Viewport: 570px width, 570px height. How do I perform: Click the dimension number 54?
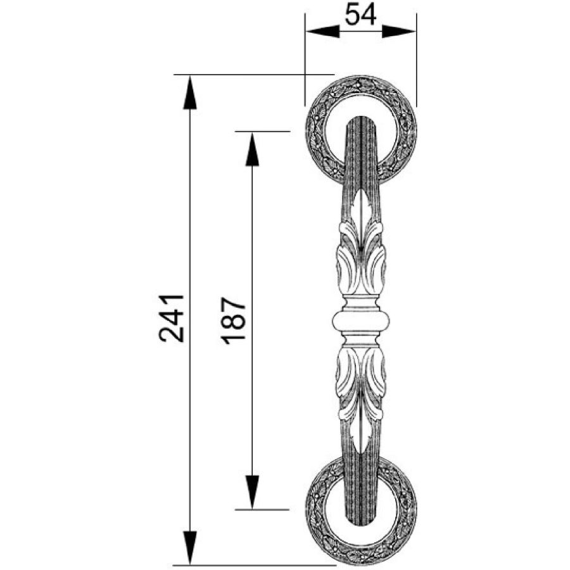tap(360, 15)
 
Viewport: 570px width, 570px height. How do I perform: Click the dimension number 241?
tap(171, 319)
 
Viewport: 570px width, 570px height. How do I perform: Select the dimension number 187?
tap(233, 320)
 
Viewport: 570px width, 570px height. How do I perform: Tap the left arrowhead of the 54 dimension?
tap(323, 32)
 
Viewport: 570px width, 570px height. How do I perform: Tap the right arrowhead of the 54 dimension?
tap(398, 32)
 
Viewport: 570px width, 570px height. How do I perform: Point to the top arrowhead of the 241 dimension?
tap(190, 92)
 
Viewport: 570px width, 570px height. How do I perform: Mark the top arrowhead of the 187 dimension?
tap(252, 149)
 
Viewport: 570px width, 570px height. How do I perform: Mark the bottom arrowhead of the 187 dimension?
tap(252, 492)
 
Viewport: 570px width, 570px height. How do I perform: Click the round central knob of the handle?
tap(361, 320)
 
